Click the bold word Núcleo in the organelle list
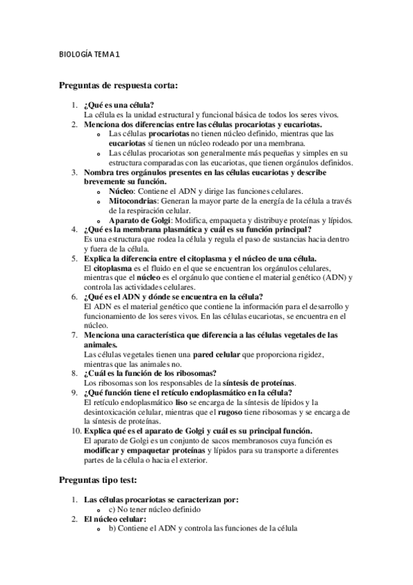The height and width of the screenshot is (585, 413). [x=121, y=190]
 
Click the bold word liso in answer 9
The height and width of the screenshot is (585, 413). [x=182, y=402]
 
